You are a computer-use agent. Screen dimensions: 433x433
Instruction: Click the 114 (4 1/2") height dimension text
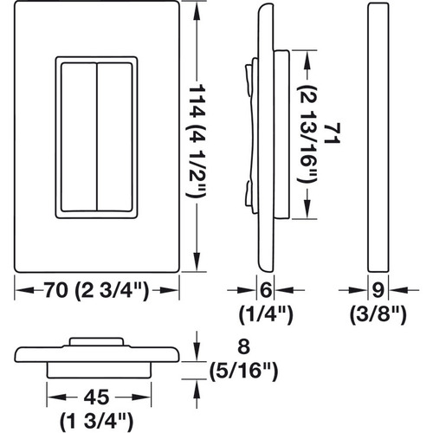pos(197,141)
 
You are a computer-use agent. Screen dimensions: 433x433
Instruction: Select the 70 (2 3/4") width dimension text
pos(97,290)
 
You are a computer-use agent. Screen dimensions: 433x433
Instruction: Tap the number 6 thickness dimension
pos(266,290)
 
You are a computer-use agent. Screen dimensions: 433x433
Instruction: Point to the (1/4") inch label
pos(266,315)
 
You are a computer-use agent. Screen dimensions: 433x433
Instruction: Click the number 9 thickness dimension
pos(378,290)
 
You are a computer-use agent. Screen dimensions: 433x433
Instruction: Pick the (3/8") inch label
pos(378,315)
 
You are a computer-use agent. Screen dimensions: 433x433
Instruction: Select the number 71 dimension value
pos(333,133)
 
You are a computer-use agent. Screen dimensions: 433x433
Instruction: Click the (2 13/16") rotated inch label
pos(307,134)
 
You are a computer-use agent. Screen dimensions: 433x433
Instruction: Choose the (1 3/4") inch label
pos(97,423)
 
